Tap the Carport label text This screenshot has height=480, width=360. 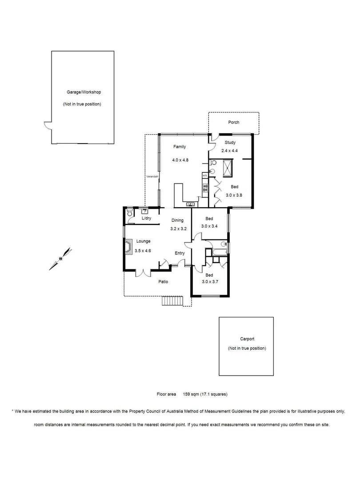(247, 339)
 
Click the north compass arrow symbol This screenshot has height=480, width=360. (61, 259)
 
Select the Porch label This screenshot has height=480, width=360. (233, 122)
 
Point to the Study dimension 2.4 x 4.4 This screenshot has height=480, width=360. (230, 151)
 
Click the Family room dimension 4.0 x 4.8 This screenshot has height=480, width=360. (180, 160)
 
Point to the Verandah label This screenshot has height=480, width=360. (152, 177)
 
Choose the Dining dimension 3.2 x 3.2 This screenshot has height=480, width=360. (178, 228)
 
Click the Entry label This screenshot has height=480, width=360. (180, 253)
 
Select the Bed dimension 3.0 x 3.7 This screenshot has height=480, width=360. (209, 281)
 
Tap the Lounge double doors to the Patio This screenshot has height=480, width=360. (143, 272)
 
